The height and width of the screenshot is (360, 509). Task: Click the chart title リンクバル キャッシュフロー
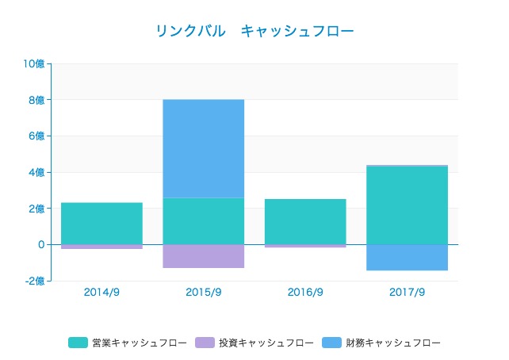(254, 31)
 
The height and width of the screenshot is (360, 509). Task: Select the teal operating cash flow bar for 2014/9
(101, 224)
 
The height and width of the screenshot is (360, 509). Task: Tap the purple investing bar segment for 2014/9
(101, 247)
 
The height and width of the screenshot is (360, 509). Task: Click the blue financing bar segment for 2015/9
(203, 148)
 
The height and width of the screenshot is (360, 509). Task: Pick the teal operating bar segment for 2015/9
(203, 221)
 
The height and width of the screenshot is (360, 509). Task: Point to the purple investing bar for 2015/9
(203, 256)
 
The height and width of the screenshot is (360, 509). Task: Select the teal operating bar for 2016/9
(305, 222)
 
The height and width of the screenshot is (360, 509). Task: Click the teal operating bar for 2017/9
(407, 205)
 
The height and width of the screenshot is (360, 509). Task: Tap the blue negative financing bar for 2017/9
(407, 258)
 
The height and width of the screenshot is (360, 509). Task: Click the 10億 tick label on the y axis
(34, 64)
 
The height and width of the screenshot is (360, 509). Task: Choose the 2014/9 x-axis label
(101, 292)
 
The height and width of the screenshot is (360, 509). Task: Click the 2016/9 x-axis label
(305, 292)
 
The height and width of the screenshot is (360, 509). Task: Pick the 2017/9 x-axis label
(407, 292)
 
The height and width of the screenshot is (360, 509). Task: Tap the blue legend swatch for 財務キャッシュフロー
(331, 343)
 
